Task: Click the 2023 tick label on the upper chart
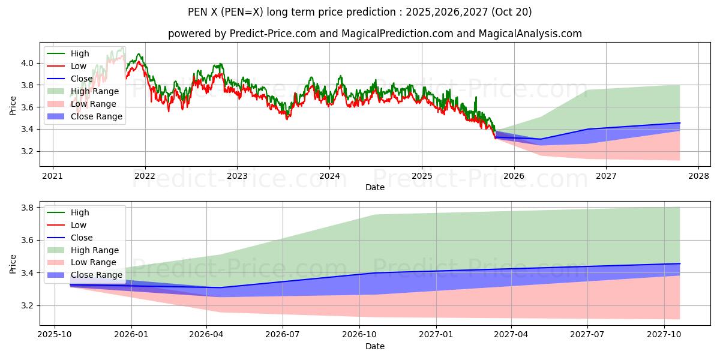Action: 237,176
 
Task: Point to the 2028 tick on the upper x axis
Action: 698,176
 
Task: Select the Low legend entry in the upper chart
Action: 79,66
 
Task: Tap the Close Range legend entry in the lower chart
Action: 97,275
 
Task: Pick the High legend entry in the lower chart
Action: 80,212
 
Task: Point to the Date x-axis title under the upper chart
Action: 375,187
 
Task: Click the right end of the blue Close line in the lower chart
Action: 680,263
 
